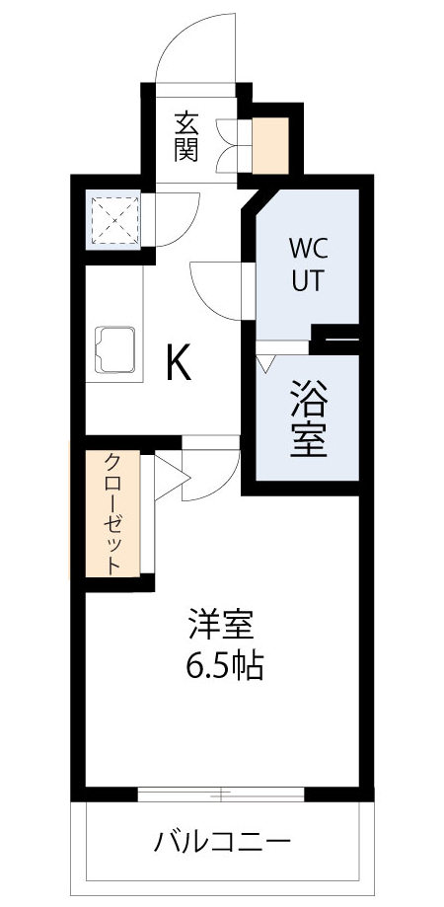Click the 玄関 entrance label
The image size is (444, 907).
(x=186, y=136)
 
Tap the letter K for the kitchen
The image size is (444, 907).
(x=178, y=364)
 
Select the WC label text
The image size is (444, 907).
(x=306, y=246)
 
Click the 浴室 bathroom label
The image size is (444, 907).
(x=307, y=418)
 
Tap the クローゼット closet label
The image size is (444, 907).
(x=113, y=513)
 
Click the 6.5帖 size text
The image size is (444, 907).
(x=224, y=667)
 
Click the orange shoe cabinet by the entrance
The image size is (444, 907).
(x=270, y=144)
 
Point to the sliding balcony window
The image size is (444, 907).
(x=222, y=793)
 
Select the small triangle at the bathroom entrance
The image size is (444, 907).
(x=264, y=362)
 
